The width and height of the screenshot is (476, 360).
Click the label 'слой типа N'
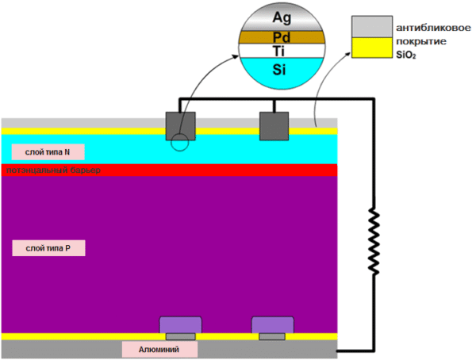40,151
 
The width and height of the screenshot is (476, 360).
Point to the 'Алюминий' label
159,350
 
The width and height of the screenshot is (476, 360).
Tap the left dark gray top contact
181,127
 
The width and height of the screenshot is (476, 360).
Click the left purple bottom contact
181,325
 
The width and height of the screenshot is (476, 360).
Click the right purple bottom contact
273,325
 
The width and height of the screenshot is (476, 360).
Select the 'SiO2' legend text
408,56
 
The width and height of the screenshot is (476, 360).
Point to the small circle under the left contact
179,142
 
